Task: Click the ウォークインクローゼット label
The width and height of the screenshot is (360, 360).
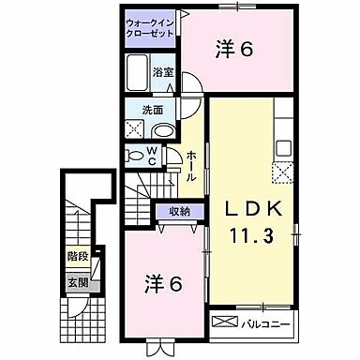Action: pyautogui.click(x=150, y=25)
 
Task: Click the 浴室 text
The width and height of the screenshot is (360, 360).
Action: pyautogui.click(x=162, y=71)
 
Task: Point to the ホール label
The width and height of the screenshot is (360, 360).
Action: pyautogui.click(x=191, y=165)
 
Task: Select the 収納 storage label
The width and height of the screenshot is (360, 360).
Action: pyautogui.click(x=179, y=212)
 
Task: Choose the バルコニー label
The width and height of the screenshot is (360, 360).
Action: pyautogui.click(x=266, y=323)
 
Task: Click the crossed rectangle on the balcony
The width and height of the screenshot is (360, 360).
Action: pyautogui.click(x=226, y=323)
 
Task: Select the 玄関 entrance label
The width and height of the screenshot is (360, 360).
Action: pyautogui.click(x=77, y=282)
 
